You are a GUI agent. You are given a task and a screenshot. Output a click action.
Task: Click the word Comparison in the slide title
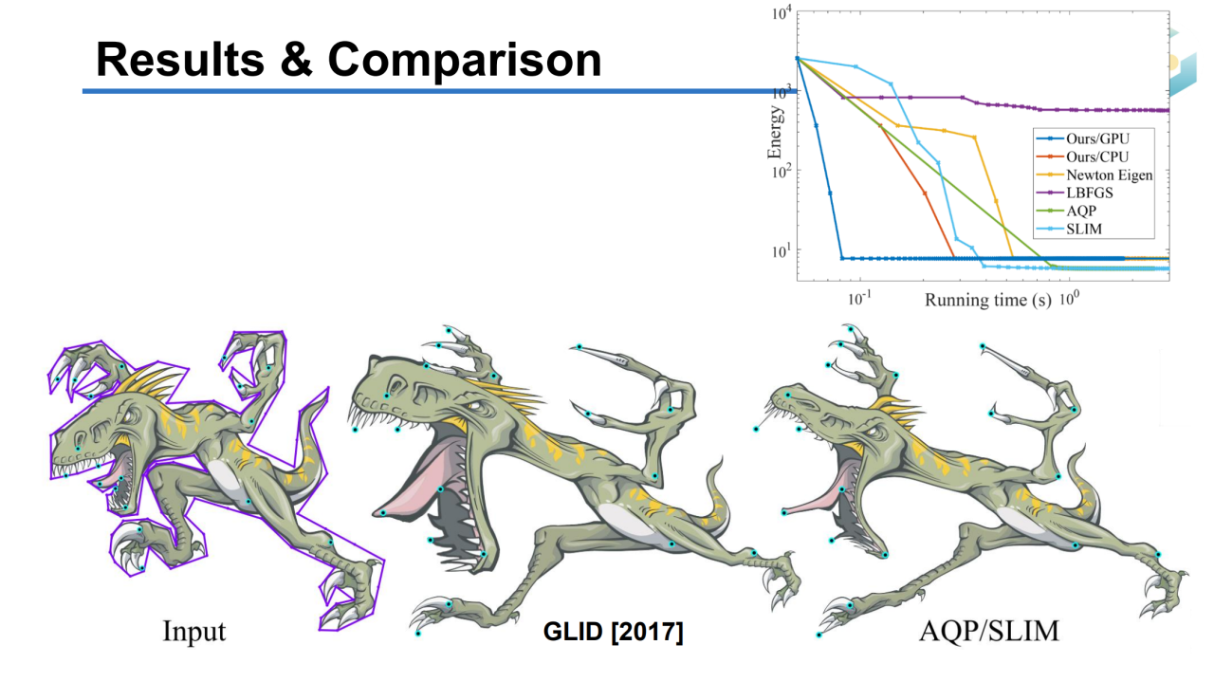[x=465, y=60]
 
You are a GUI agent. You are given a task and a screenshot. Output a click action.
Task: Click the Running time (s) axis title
[x=987, y=300]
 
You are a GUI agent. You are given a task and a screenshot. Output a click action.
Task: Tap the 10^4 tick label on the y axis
[x=782, y=14]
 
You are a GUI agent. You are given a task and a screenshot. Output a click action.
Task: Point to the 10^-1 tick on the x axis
[x=859, y=299]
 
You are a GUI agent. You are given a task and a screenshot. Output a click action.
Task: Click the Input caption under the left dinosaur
[x=194, y=631]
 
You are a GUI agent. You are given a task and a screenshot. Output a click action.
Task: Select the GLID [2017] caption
[x=612, y=631]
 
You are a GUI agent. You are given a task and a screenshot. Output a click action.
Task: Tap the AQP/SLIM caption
[x=988, y=631]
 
